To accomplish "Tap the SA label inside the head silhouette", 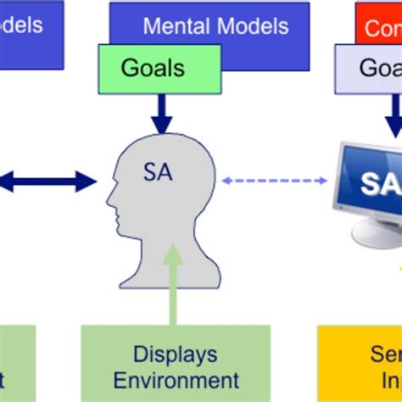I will point(158,173).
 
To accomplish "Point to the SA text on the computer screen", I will point(377,182).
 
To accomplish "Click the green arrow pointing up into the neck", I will point(174,284).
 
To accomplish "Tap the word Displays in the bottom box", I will point(176,354).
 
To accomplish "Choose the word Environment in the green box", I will point(176,380).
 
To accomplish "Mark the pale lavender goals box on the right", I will point(369,68).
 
